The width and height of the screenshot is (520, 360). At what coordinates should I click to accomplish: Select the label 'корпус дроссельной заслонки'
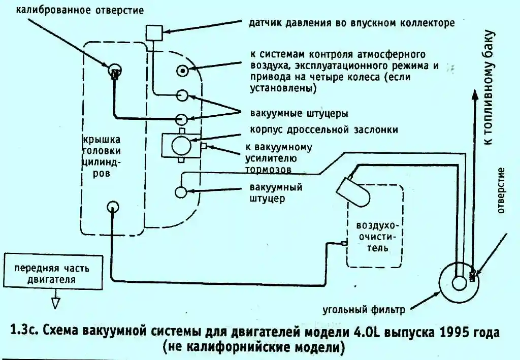click(324, 129)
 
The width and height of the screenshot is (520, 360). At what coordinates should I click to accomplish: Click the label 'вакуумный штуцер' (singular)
click(276, 192)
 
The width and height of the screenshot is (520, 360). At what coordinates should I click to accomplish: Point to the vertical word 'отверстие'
click(502, 190)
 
